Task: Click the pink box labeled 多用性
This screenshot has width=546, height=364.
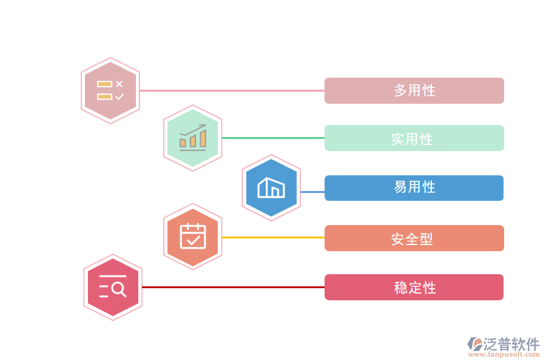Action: (414, 90)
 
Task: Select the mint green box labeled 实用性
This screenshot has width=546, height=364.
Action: (414, 138)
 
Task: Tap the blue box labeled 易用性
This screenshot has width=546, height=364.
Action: (414, 188)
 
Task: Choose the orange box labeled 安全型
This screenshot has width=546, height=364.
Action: (414, 238)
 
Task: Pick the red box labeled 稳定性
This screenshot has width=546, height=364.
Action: (414, 288)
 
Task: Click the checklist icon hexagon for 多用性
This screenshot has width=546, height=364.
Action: (110, 91)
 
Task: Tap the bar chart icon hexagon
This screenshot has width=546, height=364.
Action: (193, 138)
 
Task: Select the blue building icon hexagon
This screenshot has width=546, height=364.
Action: (271, 187)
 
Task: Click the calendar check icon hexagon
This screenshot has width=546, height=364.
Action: (193, 237)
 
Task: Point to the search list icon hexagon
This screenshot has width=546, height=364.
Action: (113, 287)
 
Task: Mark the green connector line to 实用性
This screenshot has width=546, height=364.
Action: (273, 138)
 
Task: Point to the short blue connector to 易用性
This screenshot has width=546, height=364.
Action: (312, 192)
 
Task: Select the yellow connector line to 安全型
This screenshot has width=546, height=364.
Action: (273, 237)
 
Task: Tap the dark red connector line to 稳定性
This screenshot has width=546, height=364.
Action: (233, 288)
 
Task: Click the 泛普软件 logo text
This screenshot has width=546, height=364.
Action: (511, 344)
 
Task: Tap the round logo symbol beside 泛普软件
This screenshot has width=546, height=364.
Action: (475, 345)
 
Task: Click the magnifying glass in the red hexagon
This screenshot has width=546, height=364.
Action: (119, 289)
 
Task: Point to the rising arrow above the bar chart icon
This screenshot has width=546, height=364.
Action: (194, 129)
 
